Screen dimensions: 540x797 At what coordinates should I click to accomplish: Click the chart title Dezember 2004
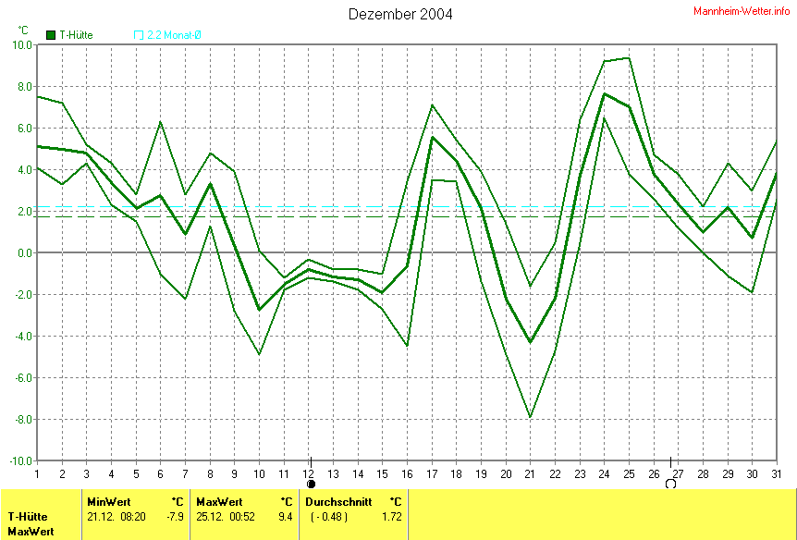(x=400, y=14)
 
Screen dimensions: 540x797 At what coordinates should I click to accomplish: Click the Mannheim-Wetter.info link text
(x=742, y=10)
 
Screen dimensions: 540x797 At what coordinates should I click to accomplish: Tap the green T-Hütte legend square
(x=51, y=35)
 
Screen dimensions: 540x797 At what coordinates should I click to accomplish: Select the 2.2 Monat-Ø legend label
(x=174, y=35)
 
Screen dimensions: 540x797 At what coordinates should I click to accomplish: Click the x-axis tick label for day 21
(x=530, y=473)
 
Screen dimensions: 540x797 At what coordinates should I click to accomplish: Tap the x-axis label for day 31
(x=776, y=473)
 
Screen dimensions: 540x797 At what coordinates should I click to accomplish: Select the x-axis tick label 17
(x=432, y=473)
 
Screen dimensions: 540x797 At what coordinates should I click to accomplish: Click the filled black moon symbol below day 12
(x=311, y=484)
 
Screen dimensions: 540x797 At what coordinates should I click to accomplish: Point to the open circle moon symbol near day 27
(x=670, y=484)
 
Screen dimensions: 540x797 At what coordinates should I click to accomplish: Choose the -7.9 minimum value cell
(x=173, y=516)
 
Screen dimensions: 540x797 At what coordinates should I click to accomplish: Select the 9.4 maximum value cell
(x=286, y=516)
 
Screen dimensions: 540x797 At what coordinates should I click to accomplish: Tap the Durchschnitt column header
(x=338, y=502)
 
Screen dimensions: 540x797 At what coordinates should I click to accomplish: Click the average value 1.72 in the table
(x=392, y=516)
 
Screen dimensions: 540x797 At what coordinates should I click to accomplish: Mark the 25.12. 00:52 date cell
(x=227, y=516)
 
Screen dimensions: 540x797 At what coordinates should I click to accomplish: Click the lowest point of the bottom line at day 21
(x=530, y=417)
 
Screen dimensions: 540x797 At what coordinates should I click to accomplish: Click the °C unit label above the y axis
(x=23, y=31)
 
